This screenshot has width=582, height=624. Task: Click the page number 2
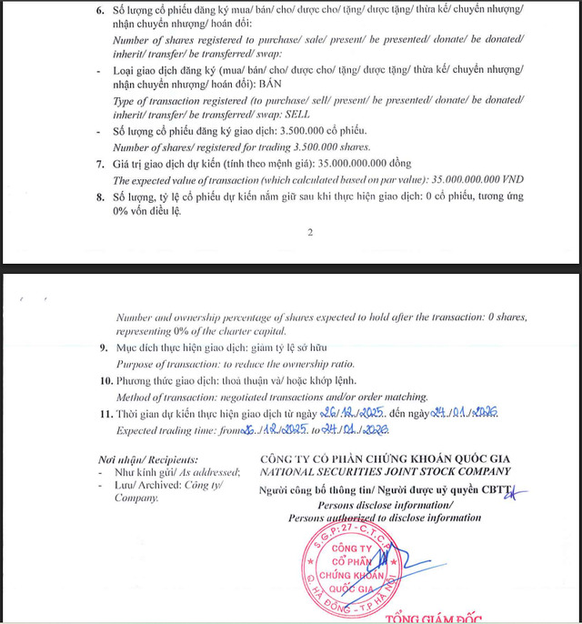click(309, 233)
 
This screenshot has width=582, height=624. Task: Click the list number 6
click(100, 8)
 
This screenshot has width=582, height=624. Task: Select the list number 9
click(101, 347)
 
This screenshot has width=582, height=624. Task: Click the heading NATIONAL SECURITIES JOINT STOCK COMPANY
click(385, 471)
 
